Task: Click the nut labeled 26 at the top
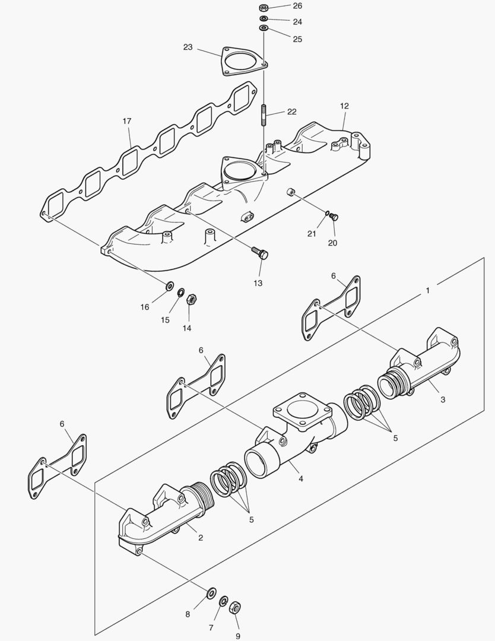[x=264, y=8]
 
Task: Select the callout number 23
[x=188, y=47]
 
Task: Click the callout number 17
[x=127, y=121]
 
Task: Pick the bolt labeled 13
[x=261, y=254]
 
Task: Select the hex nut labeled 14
[x=191, y=299]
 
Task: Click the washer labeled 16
[x=169, y=287]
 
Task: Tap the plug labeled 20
[x=334, y=217]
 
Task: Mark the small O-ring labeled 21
[x=326, y=214]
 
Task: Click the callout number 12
[x=344, y=106]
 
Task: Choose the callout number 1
[x=427, y=290]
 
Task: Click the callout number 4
[x=301, y=478]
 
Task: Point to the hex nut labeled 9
[x=234, y=607]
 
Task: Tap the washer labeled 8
[x=211, y=594]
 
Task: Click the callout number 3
[x=443, y=399]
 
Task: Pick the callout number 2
[x=201, y=538]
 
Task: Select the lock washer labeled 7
[x=223, y=601]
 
